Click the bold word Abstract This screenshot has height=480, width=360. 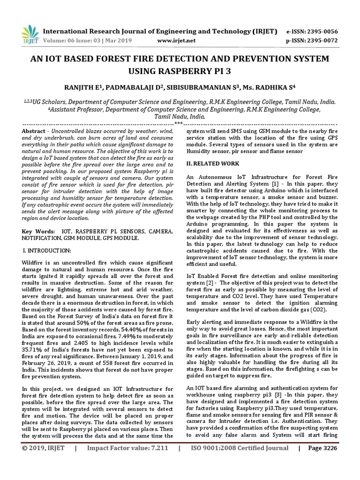34,131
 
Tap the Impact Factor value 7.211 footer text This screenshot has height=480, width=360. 127,461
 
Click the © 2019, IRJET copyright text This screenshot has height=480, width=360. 43,461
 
